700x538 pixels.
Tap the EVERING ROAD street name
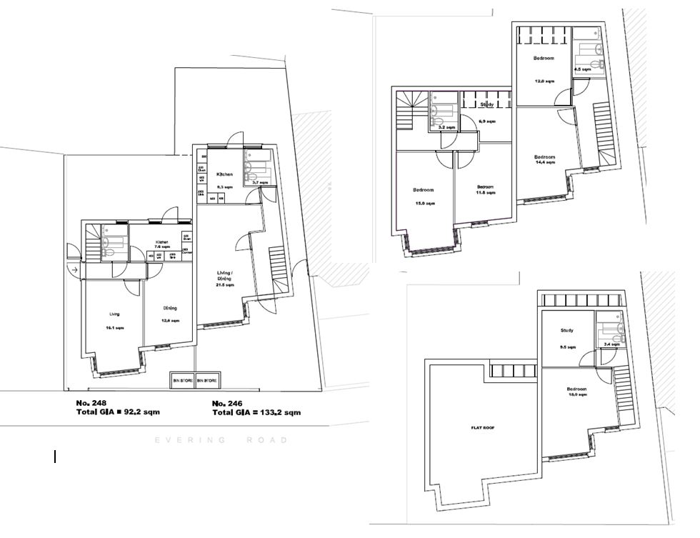tap(221, 440)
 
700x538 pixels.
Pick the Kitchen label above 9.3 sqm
tap(225, 174)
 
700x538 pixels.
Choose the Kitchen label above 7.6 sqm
tap(164, 241)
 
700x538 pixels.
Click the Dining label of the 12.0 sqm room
tap(169, 308)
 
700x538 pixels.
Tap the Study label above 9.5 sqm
tap(569, 330)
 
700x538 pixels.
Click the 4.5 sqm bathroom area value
tap(582, 69)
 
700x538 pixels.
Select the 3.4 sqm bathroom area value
tap(612, 344)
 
